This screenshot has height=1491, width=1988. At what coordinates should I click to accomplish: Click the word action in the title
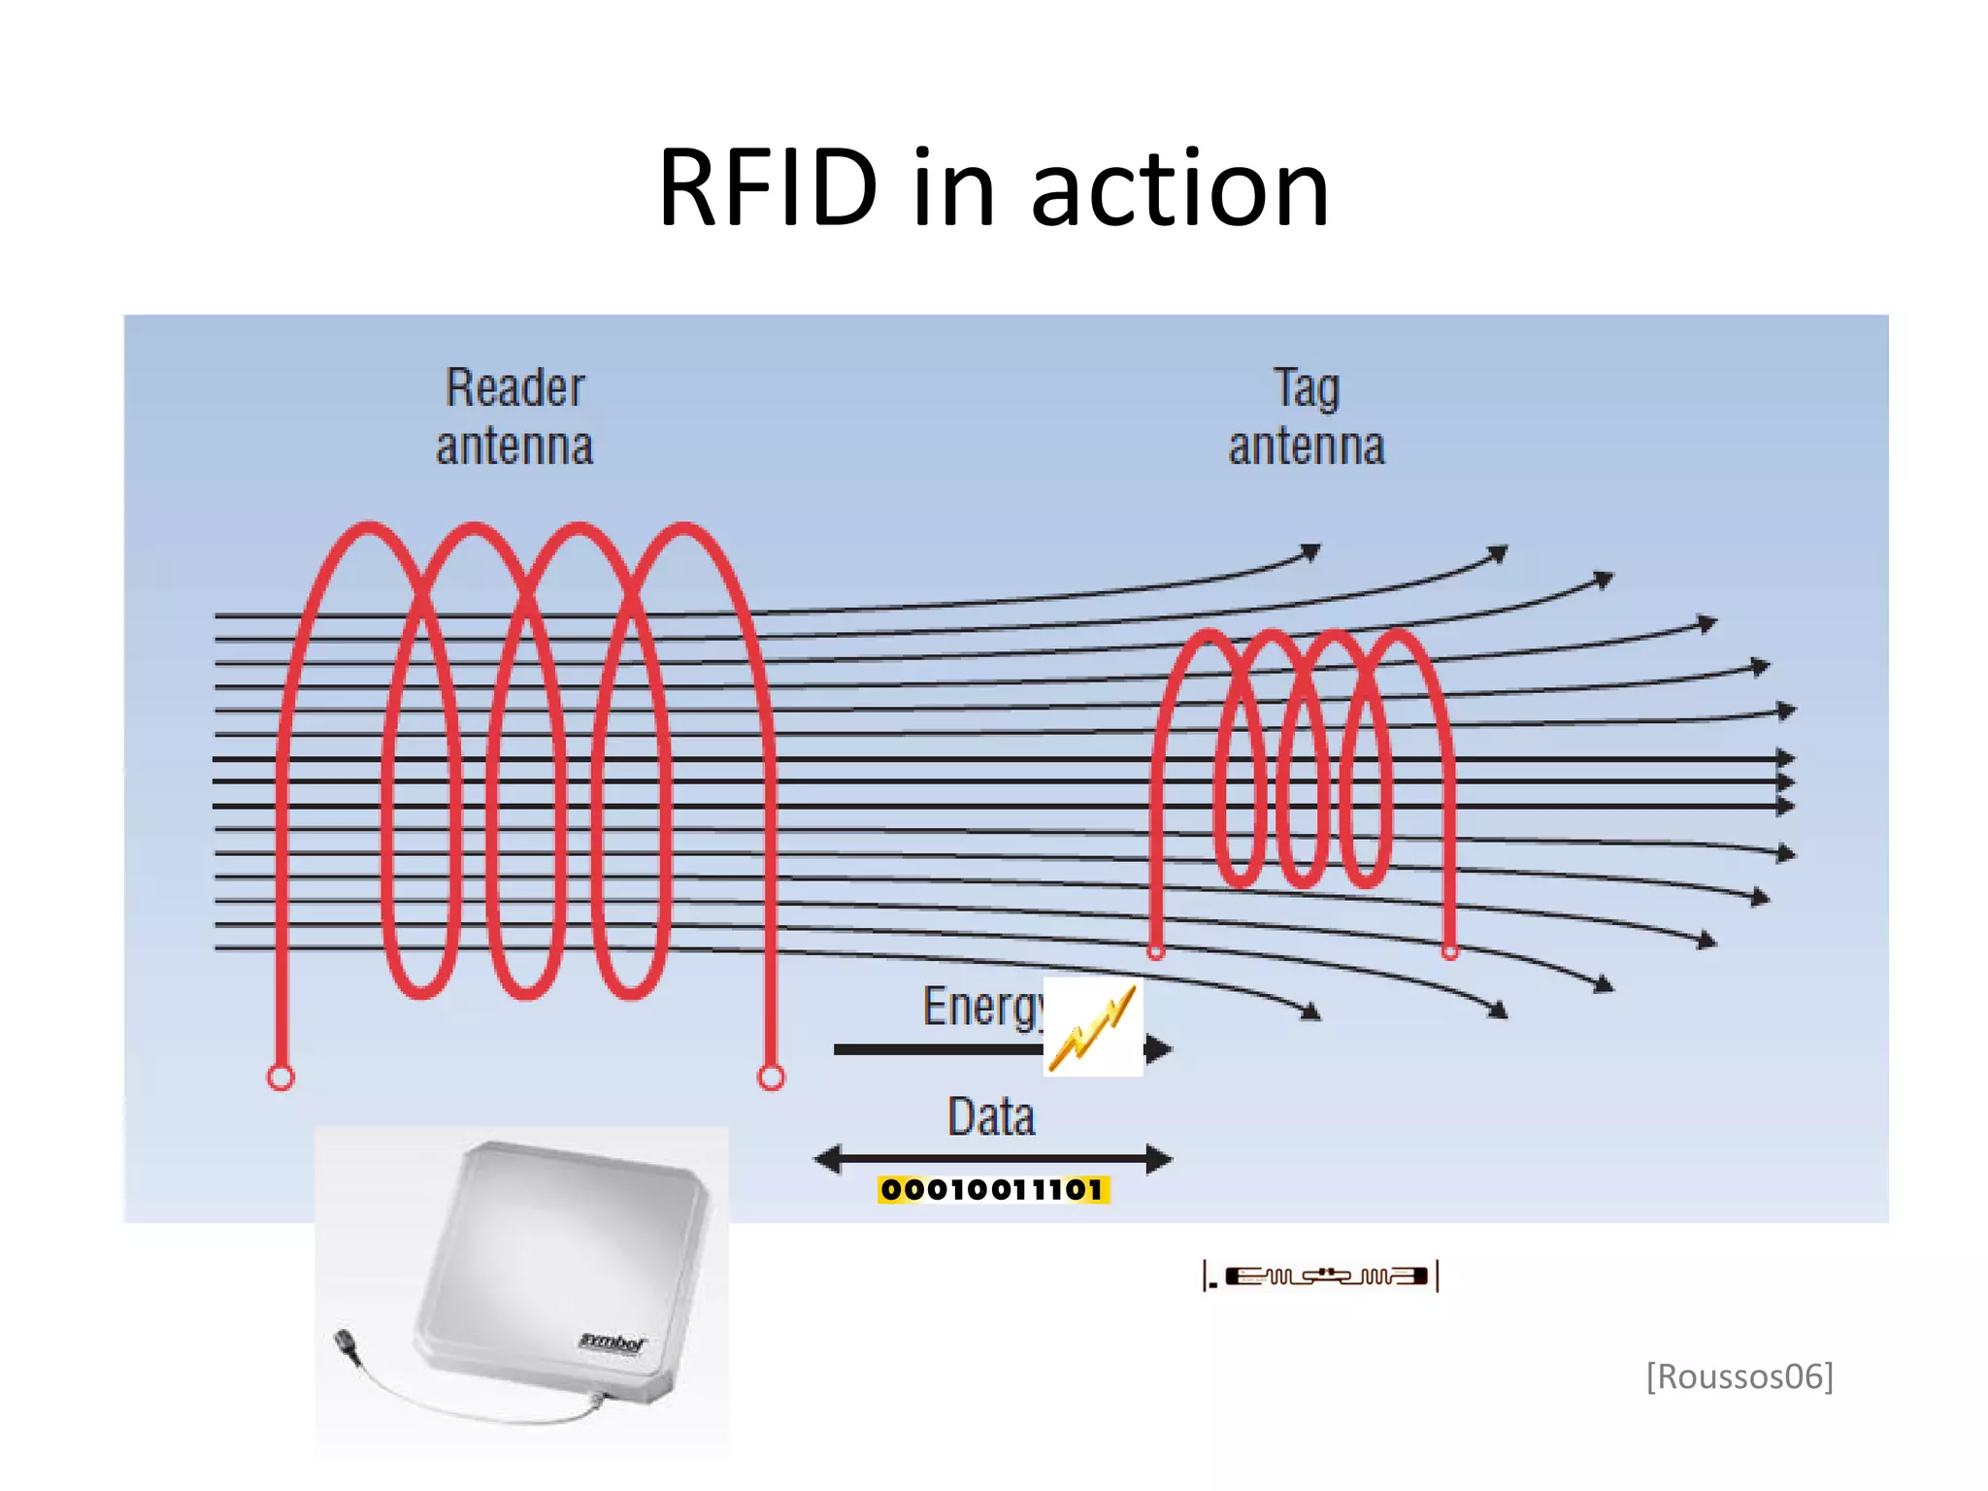tap(1178, 190)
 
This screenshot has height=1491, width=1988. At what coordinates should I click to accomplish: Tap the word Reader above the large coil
tap(514, 388)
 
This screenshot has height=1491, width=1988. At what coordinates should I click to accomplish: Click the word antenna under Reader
tap(514, 447)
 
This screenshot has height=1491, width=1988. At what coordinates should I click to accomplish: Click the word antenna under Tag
tap(1307, 447)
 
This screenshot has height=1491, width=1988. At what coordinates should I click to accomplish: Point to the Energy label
tap(980, 1007)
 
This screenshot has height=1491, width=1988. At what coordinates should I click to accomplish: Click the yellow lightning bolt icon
tap(1093, 1028)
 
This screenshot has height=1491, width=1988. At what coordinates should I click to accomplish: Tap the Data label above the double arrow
tap(991, 1116)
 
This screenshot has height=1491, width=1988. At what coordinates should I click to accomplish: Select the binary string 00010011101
tap(992, 1190)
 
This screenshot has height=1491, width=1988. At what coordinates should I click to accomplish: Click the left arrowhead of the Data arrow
tap(828, 1158)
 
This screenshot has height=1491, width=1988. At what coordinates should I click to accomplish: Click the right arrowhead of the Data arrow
tap(1159, 1158)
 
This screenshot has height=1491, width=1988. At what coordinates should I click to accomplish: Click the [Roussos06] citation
tap(1739, 1376)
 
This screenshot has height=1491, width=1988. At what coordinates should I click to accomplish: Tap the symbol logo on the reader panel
tap(612, 1342)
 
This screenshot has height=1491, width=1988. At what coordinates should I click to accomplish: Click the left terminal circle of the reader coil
tap(281, 1077)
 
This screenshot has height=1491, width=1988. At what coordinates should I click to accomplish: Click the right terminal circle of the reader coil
tap(772, 1077)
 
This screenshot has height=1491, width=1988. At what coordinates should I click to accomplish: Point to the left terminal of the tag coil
tap(1156, 951)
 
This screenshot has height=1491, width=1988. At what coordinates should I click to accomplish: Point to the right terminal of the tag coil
tap(1450, 952)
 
